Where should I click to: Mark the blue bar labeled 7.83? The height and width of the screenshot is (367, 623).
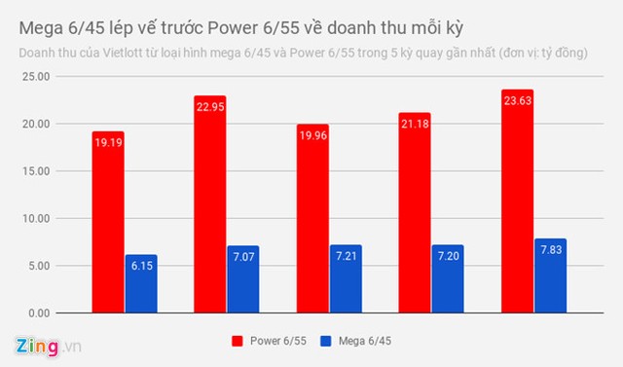[x=550, y=276]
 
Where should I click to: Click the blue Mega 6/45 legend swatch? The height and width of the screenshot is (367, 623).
[x=326, y=341]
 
